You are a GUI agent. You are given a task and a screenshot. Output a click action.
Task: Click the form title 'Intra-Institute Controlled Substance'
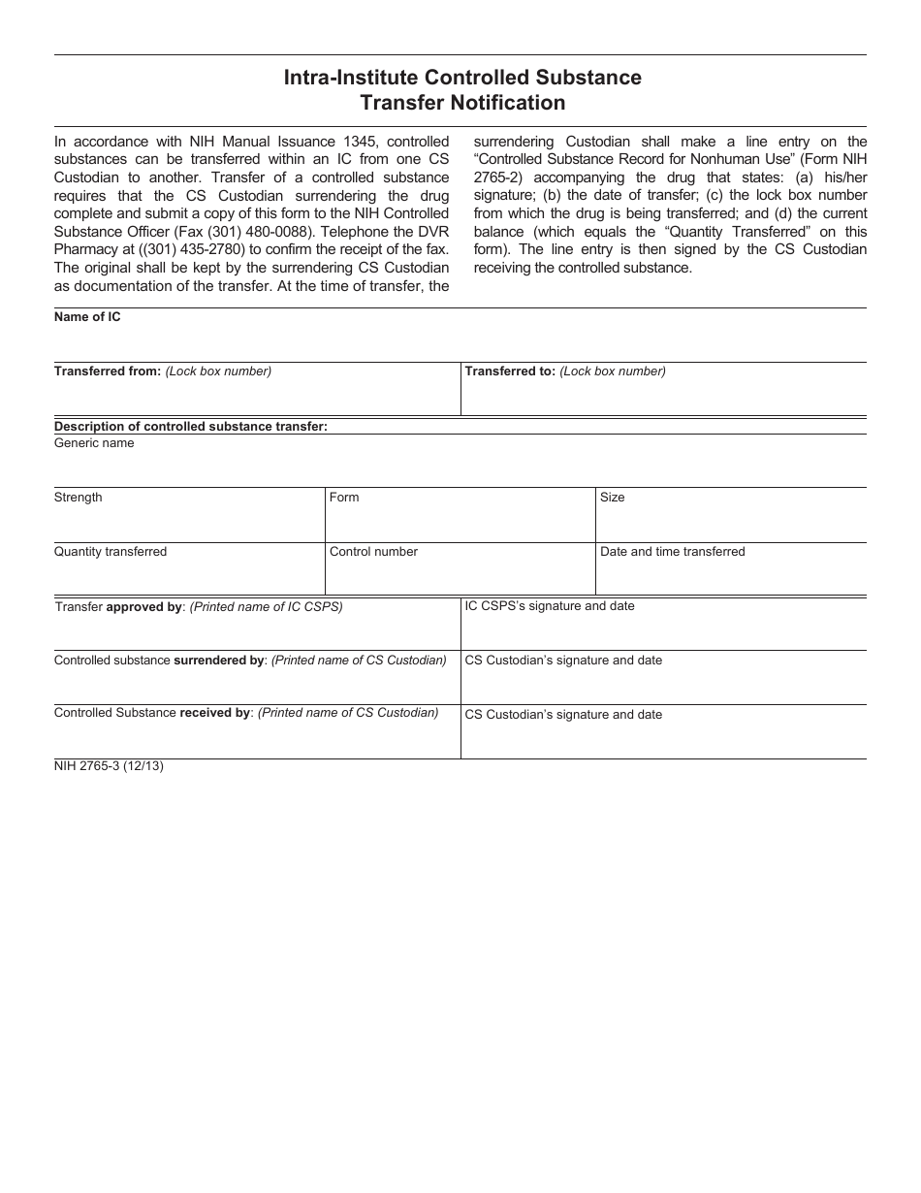[x=462, y=78]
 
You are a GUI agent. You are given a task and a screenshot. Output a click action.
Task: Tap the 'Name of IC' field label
[x=87, y=317]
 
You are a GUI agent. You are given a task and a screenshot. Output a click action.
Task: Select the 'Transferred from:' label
[x=107, y=371]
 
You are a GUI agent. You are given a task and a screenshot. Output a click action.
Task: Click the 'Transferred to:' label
[x=510, y=371]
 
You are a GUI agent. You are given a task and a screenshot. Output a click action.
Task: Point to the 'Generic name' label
[x=94, y=443]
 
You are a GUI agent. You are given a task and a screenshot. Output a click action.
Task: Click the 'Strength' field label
[x=78, y=498]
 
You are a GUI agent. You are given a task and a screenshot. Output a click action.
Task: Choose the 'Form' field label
[x=344, y=498]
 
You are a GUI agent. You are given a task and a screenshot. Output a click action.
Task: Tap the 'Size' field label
[x=613, y=498]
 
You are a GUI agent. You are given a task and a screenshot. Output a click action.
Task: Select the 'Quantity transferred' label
[x=111, y=552]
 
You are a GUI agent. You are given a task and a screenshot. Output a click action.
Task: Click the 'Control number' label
[x=373, y=552]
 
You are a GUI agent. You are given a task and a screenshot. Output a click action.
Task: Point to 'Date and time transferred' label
[x=673, y=552]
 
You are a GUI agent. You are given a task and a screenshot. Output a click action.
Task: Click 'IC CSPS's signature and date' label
[x=550, y=606]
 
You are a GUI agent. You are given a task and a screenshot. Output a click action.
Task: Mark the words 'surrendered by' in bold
[x=218, y=661]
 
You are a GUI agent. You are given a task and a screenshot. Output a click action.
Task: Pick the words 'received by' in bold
[x=215, y=713]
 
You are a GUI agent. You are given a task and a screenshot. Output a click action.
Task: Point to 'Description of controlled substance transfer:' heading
[x=191, y=426]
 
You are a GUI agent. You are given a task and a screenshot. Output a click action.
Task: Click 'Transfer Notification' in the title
[x=462, y=103]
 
